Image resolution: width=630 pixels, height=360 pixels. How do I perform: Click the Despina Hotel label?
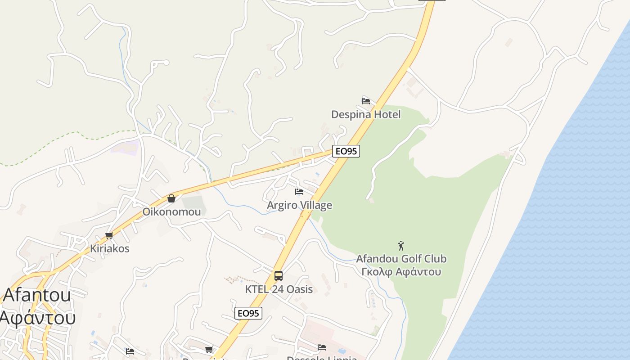coord(365,114)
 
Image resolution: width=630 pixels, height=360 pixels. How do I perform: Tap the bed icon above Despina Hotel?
coord(366,101)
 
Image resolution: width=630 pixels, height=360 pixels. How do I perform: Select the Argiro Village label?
coord(299,205)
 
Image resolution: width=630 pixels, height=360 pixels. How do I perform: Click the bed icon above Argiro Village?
coord(299,192)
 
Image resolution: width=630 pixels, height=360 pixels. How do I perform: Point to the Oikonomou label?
coord(171,211)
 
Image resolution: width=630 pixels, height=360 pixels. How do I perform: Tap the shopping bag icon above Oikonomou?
coord(171,198)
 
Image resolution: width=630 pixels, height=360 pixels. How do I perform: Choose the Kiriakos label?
coord(109,248)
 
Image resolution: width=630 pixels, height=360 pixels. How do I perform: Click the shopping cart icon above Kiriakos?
coord(109,235)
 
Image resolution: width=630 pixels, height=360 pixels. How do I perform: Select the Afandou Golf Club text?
coord(401,259)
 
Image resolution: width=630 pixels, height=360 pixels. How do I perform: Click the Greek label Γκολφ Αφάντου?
coord(401,272)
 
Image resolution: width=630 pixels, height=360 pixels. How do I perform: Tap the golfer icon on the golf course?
coord(401,246)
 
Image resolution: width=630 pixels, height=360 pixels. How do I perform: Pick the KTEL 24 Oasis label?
coord(279,289)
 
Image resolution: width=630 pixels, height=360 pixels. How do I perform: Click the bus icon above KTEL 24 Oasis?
coord(279,275)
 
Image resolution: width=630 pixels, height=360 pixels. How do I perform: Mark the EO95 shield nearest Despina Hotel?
coord(346,151)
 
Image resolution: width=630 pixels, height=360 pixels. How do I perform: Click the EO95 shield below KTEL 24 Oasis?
coord(248,313)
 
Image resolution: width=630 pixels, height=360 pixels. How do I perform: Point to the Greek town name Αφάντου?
coord(37,318)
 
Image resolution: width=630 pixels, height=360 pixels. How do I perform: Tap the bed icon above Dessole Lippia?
coord(322,347)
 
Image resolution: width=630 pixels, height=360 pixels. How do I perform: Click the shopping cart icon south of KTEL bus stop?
coord(209,349)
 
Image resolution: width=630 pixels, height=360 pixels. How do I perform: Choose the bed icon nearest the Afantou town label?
coord(130,351)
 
